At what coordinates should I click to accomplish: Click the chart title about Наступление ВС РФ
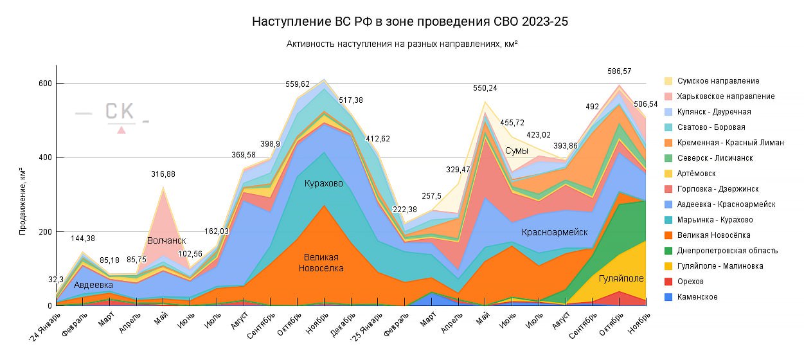click(410, 22)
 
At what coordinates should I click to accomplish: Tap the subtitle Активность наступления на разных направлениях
click(402, 44)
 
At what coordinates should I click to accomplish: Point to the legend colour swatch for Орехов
click(668, 282)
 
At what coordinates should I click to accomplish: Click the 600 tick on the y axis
click(44, 84)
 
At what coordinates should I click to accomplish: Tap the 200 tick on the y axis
click(44, 232)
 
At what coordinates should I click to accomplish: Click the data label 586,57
click(620, 71)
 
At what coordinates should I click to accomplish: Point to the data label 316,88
click(163, 174)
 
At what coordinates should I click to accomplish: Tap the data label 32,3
click(57, 280)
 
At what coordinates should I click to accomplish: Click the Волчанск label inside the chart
click(166, 240)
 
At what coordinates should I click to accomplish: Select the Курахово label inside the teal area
click(323, 184)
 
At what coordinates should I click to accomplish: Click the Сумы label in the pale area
click(516, 151)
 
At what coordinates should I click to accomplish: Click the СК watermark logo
click(120, 114)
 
